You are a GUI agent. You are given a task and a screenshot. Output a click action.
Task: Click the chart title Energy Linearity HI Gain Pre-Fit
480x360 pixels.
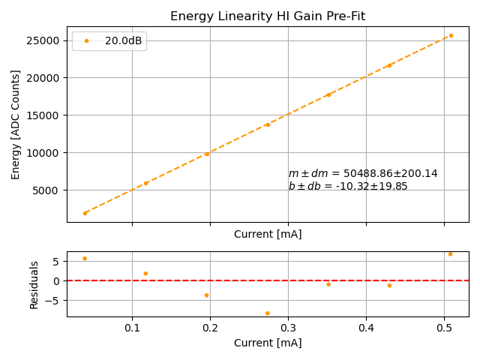(x=268, y=16)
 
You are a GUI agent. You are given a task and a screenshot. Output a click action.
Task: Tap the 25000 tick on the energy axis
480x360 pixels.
(x=46, y=40)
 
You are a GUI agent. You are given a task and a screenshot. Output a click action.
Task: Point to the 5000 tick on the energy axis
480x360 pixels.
(x=49, y=190)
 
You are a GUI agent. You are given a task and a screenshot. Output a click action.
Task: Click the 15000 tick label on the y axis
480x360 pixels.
(x=46, y=115)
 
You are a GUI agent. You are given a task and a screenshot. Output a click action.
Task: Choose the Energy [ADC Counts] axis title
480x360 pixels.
(x=16, y=124)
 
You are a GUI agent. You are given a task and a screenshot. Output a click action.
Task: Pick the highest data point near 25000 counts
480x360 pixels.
(x=451, y=35)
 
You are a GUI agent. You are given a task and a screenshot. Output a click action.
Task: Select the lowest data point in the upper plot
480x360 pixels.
(x=85, y=213)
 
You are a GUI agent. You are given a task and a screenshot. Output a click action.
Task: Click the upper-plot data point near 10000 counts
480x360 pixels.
(x=207, y=154)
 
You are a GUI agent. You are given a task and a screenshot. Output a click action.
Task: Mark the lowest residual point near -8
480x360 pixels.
(x=268, y=313)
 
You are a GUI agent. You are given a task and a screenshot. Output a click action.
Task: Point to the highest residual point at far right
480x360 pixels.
(x=450, y=254)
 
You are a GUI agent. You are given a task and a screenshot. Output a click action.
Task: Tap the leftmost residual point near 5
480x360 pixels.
(x=85, y=259)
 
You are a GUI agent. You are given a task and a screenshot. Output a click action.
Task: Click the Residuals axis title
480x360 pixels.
(x=34, y=284)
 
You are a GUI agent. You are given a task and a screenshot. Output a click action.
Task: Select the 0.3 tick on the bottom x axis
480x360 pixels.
(x=288, y=328)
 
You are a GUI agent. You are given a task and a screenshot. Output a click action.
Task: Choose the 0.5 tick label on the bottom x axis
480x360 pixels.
(x=444, y=328)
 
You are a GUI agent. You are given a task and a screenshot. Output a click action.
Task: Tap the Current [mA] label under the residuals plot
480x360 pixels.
(x=268, y=343)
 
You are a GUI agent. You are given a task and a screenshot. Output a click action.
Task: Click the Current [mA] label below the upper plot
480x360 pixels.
(x=268, y=234)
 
